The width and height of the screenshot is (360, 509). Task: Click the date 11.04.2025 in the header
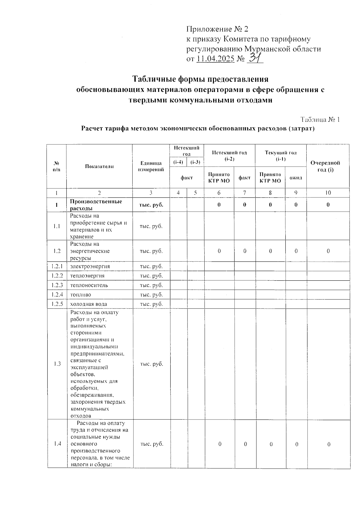click(215, 59)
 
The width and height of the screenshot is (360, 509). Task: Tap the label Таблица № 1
click(320, 119)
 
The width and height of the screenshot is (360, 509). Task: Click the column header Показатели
click(99, 166)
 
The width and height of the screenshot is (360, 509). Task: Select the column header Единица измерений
click(151, 166)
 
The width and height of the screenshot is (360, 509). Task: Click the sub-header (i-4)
click(178, 162)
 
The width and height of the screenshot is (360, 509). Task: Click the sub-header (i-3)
click(195, 162)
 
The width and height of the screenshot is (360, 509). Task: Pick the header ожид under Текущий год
click(295, 178)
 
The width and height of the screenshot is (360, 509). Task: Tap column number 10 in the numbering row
click(328, 193)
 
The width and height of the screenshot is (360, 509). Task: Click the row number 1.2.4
click(57, 295)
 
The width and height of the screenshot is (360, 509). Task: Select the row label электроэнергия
click(90, 266)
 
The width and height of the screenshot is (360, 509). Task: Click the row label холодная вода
click(88, 304)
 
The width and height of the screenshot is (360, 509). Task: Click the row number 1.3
click(57, 364)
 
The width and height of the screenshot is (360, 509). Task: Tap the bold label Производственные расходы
click(96, 205)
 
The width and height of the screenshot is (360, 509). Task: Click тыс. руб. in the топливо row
click(151, 295)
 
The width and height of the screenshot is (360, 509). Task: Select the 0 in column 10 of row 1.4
click(329, 444)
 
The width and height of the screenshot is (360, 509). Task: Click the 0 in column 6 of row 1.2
click(219, 251)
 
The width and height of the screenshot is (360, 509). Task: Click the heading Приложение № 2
click(217, 29)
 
